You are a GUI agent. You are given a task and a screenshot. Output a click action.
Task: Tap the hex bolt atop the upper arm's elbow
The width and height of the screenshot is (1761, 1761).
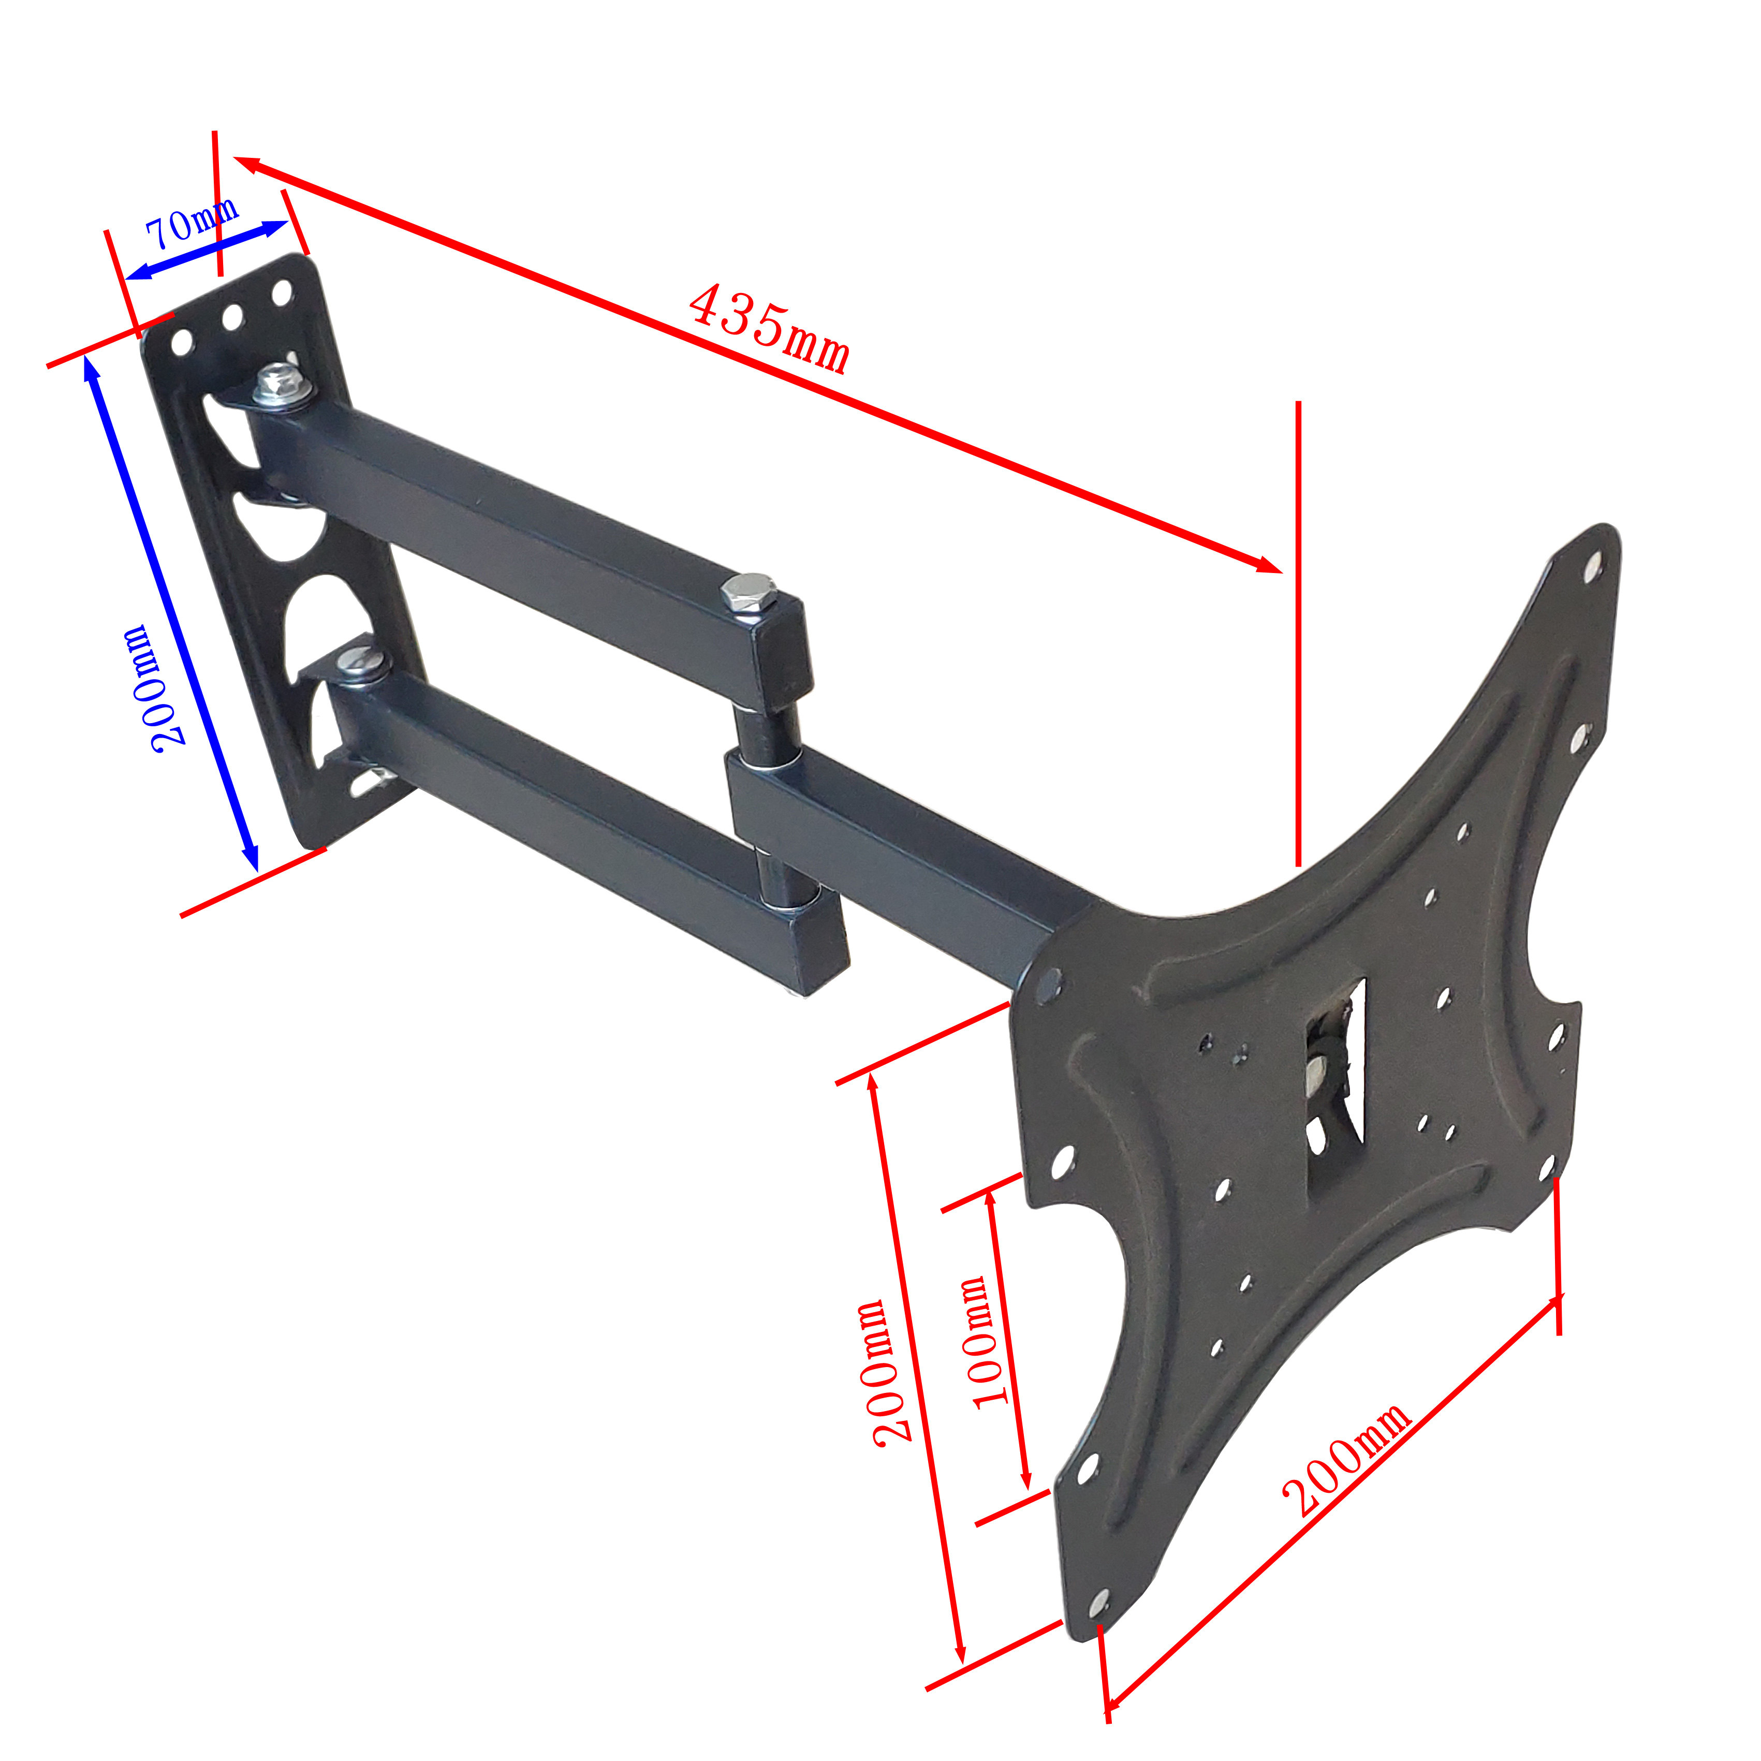point(749,593)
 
